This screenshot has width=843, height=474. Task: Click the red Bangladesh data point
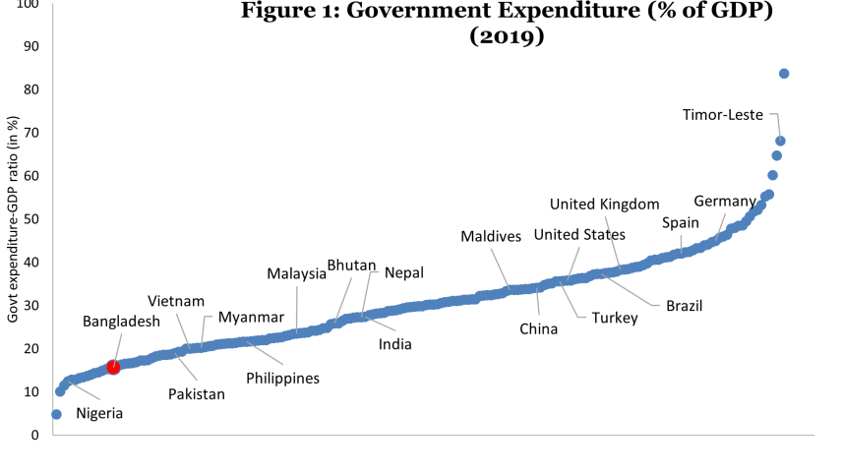pos(113,367)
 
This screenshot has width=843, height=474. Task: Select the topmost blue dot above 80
pos(784,74)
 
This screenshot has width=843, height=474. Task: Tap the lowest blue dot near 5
pos(56,414)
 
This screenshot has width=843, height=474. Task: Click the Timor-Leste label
pos(723,115)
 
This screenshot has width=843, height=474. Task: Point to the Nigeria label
pos(99,413)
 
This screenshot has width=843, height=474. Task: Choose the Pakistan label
pos(196,393)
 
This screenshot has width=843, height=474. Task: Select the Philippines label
pos(282,377)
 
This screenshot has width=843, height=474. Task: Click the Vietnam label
pos(176,301)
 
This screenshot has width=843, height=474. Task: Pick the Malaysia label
pos(296,274)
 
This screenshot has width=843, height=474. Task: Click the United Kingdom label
pos(603,205)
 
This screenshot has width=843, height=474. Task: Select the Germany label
pos(724,202)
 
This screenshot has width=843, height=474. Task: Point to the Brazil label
pos(684,306)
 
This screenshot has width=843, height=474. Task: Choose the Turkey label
pos(614,318)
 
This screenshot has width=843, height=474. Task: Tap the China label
pos(538,328)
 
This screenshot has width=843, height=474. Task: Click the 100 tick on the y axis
pos(29,5)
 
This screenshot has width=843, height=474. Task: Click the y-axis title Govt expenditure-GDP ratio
pos(12,219)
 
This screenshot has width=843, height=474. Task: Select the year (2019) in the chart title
pos(506,37)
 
